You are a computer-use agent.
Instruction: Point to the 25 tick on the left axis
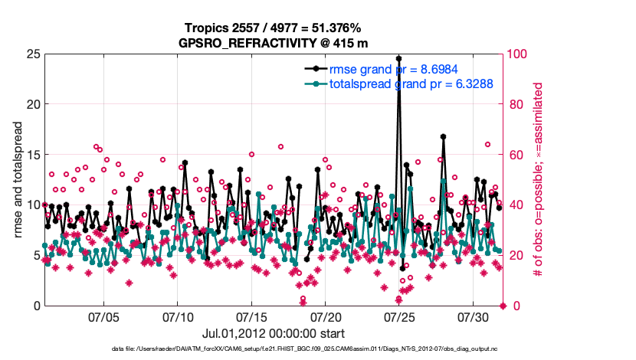coord(32,54)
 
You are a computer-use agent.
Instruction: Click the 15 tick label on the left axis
coord(32,155)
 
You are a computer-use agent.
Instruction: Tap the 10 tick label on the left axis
coord(32,205)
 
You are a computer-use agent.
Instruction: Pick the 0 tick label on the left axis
coord(36,306)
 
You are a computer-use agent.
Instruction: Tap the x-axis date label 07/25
coord(399,316)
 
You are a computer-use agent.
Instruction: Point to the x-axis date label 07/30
coord(474,316)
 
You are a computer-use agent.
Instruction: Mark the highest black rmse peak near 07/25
coord(398,57)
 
